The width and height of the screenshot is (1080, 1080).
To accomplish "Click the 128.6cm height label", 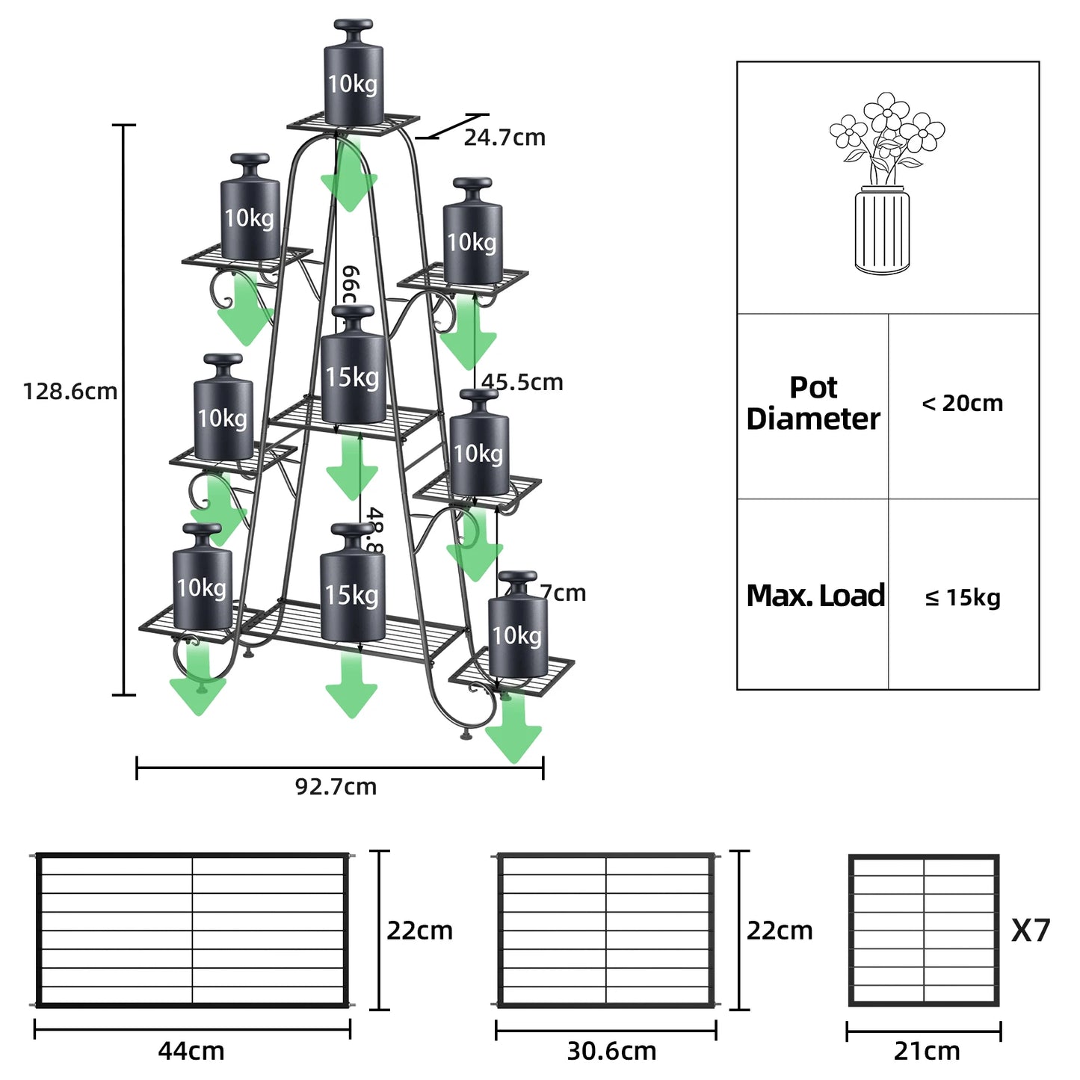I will [70, 391].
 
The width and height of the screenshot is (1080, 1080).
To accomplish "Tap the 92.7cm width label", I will [336, 786].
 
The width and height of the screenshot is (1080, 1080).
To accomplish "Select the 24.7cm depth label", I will [504, 138].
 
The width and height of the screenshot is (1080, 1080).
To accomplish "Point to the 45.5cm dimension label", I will [522, 382].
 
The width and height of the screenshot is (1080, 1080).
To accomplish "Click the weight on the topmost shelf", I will [354, 75].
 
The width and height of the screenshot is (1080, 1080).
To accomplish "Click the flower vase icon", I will [886, 183].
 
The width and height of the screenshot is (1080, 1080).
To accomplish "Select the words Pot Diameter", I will [813, 404].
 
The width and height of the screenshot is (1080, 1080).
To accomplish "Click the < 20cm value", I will [962, 404].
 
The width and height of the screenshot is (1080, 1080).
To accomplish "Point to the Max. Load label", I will [815, 596].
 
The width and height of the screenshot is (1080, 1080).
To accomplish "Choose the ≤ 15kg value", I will [962, 597].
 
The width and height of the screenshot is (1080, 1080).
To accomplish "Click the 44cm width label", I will [191, 1051].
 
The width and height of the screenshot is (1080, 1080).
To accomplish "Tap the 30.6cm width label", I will [611, 1051].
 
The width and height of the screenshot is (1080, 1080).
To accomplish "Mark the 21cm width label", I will [927, 1051].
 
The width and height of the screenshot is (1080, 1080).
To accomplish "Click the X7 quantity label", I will [1031, 931].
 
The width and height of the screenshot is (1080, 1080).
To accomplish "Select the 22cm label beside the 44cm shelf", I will [419, 931].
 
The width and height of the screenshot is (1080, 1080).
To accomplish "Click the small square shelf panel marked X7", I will [924, 930].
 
